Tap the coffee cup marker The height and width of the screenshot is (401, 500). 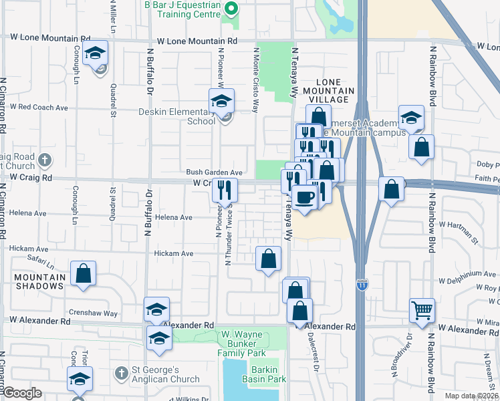[x=305, y=199]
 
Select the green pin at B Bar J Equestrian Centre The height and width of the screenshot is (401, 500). [x=231, y=9]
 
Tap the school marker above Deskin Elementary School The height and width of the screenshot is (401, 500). [x=221, y=102]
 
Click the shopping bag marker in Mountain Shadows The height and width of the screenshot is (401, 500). [x=84, y=273]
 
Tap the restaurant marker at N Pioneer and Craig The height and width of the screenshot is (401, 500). [x=225, y=190]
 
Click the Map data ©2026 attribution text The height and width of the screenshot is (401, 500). [x=471, y=395]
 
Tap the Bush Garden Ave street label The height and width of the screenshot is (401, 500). [x=214, y=172]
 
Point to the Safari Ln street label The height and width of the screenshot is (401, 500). [x=40, y=258]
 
